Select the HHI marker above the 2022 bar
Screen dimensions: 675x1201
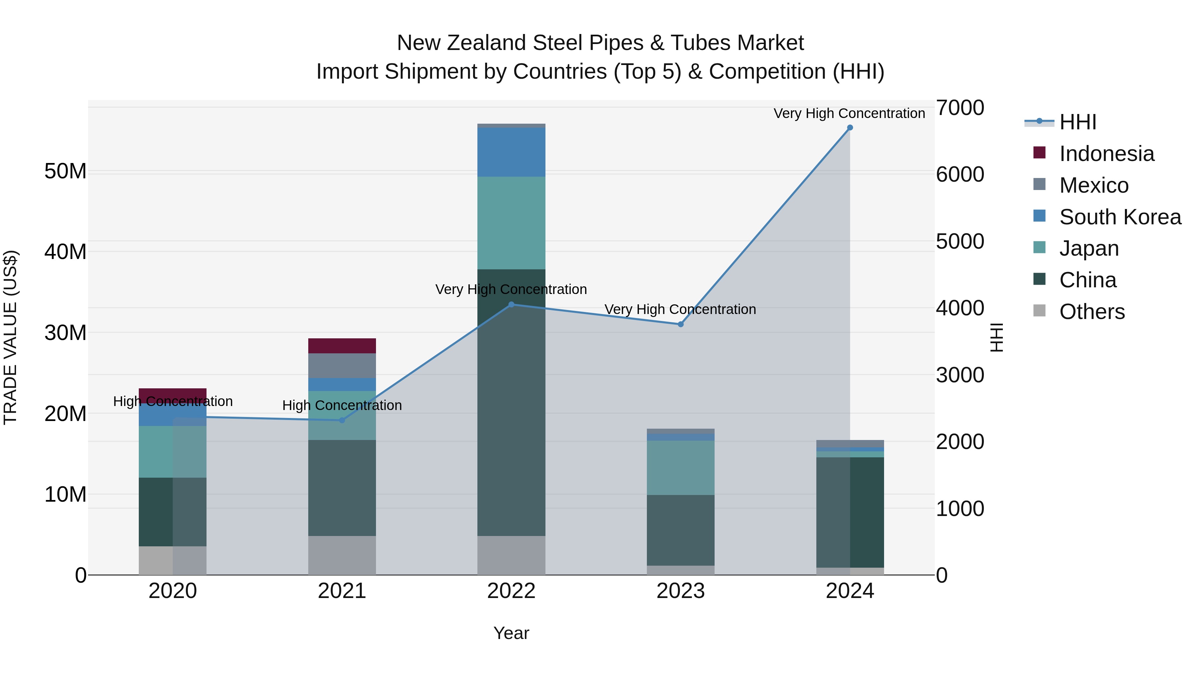(511, 305)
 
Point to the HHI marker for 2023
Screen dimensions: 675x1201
(680, 324)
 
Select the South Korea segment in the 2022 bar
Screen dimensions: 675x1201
(511, 152)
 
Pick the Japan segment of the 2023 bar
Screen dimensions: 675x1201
(680, 468)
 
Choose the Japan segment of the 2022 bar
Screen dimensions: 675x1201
(511, 223)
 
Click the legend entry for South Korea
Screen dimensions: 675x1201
(1120, 217)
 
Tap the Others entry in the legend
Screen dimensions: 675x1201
(1092, 312)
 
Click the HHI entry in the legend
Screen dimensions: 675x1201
(1078, 122)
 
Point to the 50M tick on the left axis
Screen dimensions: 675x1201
(65, 171)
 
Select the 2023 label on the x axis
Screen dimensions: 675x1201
(680, 591)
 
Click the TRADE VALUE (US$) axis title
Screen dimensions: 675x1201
(10, 337)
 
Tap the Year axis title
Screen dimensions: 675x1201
(511, 633)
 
